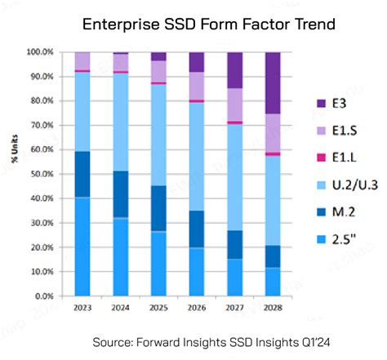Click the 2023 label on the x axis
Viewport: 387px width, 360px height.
82,308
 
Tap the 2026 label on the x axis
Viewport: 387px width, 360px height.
198,308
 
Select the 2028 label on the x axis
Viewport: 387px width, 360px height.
274,308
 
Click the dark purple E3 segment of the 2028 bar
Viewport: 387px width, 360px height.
274,82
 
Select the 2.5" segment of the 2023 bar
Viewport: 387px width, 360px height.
82,246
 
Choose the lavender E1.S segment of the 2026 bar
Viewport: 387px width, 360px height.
198,86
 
